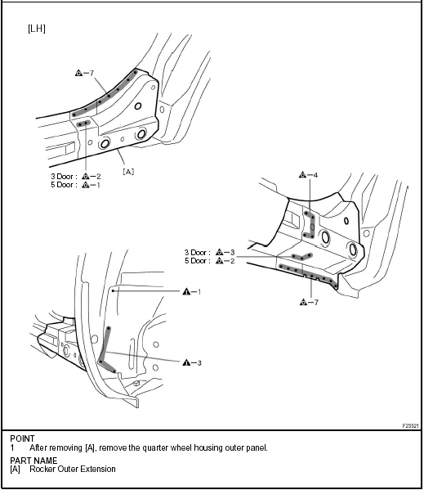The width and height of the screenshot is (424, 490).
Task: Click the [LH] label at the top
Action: [37, 29]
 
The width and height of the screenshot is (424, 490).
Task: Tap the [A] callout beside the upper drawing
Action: [128, 171]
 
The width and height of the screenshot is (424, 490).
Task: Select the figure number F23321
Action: [410, 425]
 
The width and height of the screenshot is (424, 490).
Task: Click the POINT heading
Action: [22, 438]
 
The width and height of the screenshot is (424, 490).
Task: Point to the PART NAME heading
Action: [33, 461]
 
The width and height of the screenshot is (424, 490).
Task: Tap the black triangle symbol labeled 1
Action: [186, 291]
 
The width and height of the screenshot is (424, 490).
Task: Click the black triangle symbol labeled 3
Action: [186, 362]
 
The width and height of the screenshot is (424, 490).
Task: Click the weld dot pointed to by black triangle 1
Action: [113, 290]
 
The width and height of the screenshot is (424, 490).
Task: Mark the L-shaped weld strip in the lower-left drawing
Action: [105, 350]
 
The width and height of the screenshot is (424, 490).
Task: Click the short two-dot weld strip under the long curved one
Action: [83, 124]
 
